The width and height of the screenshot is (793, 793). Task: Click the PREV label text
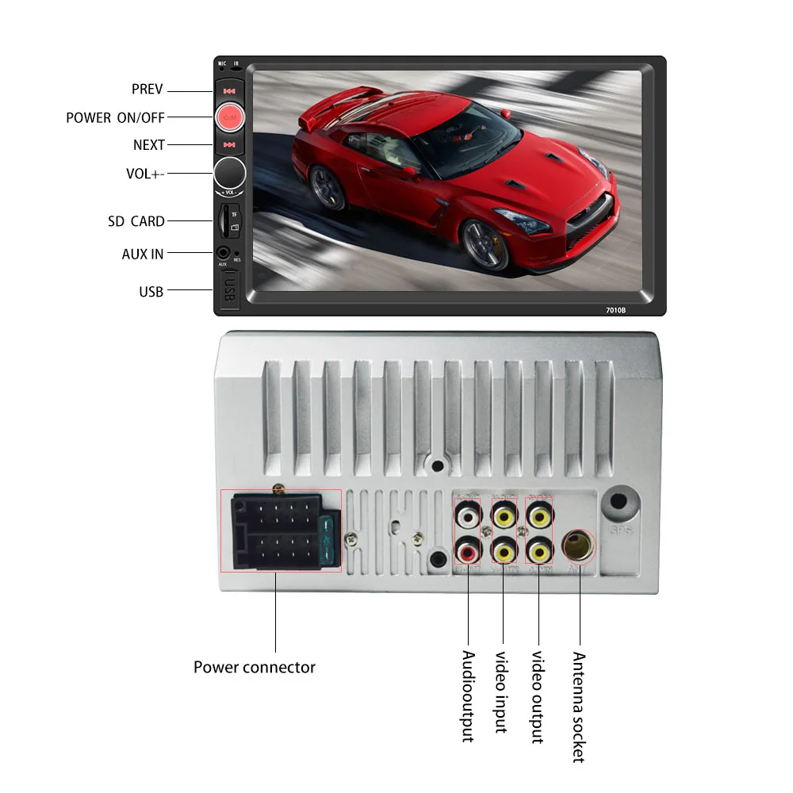pos(147,89)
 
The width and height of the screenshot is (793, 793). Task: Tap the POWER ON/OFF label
pos(115,117)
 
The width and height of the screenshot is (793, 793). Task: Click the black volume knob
pos(229,173)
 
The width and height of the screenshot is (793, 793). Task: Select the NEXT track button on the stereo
pos(229,144)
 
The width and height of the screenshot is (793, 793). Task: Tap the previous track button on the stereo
pos(229,90)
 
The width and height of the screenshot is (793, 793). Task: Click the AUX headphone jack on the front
pos(223,254)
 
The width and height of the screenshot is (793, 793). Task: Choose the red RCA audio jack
pos(468,548)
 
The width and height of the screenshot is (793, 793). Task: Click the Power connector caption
pos(254,667)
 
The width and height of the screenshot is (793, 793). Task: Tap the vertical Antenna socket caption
pos(578,707)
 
